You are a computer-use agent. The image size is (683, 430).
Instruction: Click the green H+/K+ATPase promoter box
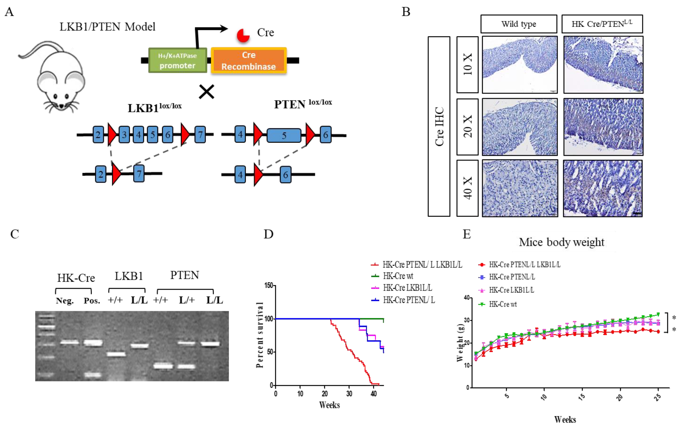pyautogui.click(x=178, y=60)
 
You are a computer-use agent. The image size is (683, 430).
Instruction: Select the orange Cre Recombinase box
pyautogui.click(x=249, y=60)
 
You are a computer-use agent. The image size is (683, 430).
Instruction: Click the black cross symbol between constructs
pyautogui.click(x=206, y=92)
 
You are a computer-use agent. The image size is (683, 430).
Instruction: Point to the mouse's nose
pyautogui.click(x=62, y=106)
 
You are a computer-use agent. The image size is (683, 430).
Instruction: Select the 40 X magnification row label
pyautogui.click(x=467, y=188)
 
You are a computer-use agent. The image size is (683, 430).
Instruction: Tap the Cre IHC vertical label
pyautogui.click(x=439, y=126)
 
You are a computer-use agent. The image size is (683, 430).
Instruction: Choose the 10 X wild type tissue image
pyautogui.click(x=520, y=65)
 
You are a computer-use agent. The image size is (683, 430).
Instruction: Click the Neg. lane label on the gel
pyautogui.click(x=65, y=300)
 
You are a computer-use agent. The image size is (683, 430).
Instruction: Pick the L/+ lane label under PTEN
pyautogui.click(x=187, y=300)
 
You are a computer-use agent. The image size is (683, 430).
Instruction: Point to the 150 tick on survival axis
pyautogui.click(x=269, y=285)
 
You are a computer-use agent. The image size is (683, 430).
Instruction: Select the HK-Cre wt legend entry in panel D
pyautogui.click(x=398, y=276)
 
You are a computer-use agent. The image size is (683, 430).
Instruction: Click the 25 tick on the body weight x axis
pyautogui.click(x=658, y=397)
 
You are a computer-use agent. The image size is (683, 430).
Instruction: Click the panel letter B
pyautogui.click(x=406, y=12)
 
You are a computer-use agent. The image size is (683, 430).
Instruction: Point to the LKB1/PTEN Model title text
pyautogui.click(x=107, y=27)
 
